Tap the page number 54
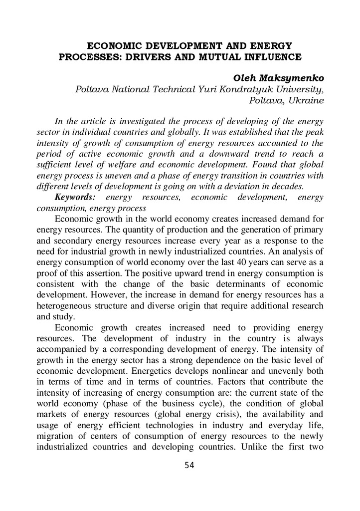[x=189, y=465]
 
